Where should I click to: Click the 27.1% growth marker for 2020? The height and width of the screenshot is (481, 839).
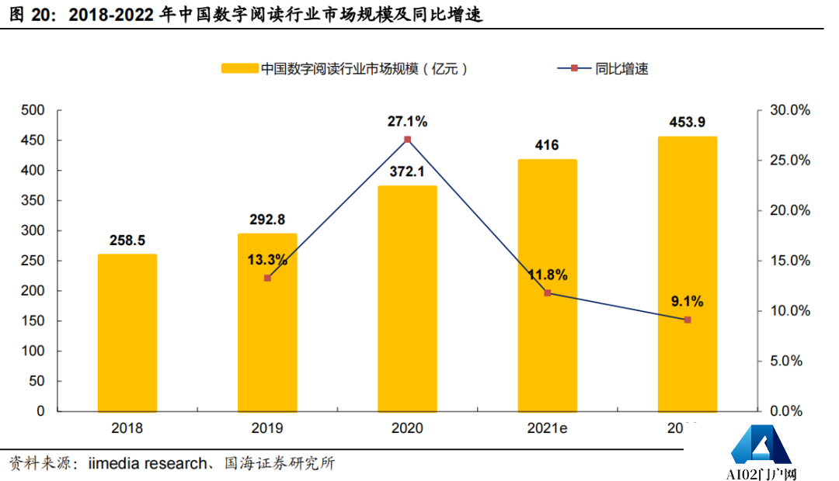click(408, 140)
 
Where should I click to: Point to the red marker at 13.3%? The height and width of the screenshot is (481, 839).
click(267, 278)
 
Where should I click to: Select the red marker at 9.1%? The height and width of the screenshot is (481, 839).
click(688, 320)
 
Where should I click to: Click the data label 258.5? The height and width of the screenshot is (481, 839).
click(127, 240)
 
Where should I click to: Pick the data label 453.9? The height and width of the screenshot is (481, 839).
click(688, 123)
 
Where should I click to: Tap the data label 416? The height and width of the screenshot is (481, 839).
click(547, 145)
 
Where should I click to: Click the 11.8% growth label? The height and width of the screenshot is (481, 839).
click(547, 275)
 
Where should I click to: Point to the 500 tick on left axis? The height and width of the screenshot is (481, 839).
click(33, 110)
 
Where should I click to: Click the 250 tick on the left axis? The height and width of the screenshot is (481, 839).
click(33, 261)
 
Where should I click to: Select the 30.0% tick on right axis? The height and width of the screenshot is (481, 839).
click(789, 110)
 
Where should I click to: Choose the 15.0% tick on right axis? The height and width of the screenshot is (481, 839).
click(789, 261)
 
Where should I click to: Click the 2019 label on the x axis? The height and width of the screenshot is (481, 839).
click(267, 427)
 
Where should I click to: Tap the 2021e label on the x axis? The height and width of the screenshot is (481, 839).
click(548, 427)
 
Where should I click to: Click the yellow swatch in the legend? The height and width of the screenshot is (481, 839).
click(238, 68)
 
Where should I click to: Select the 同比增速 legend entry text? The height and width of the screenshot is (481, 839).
click(621, 68)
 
